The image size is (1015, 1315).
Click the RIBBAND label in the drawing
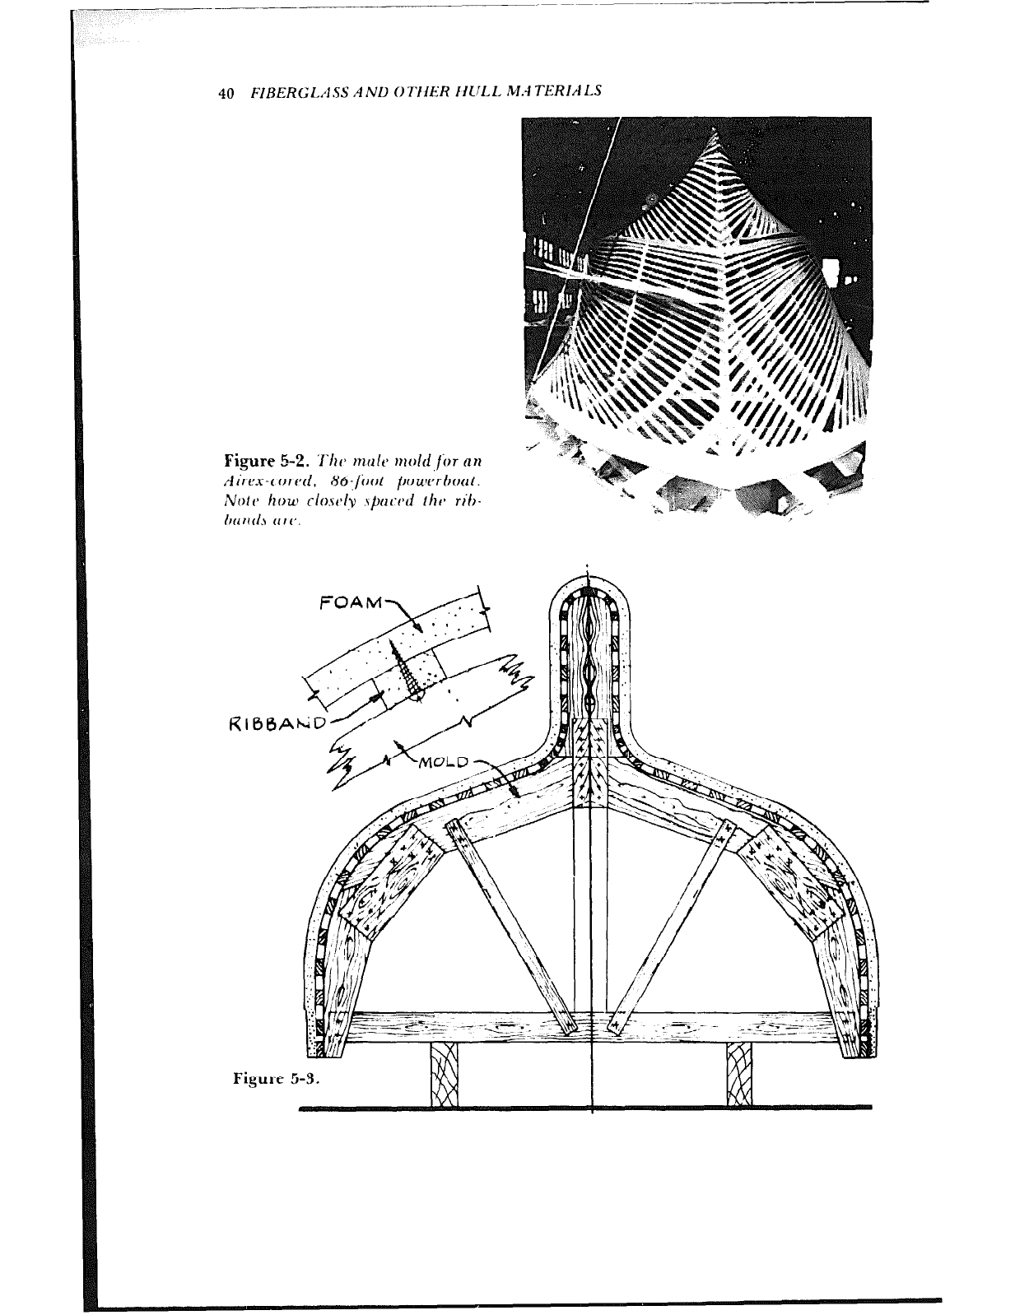[274, 723]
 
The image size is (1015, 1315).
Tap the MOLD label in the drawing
[445, 760]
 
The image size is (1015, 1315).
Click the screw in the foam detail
[407, 667]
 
